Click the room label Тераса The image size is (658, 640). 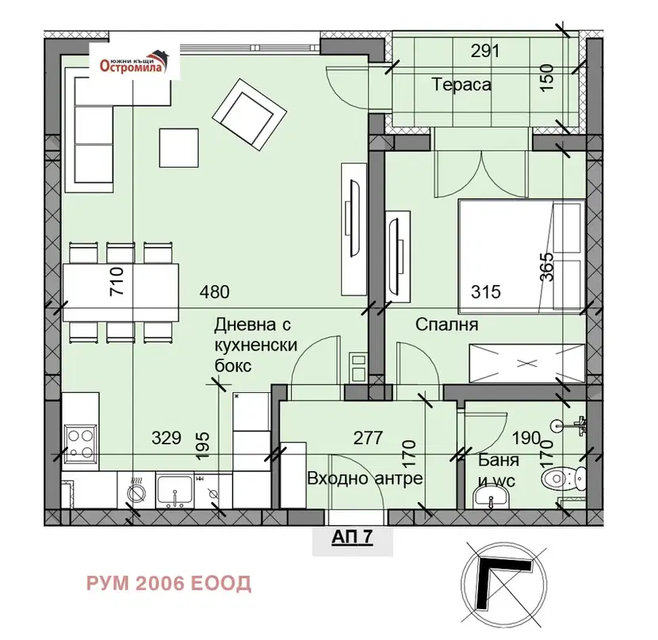(x=461, y=85)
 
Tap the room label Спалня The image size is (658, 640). (x=446, y=325)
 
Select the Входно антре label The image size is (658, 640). (x=365, y=478)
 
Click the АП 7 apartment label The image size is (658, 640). (x=352, y=537)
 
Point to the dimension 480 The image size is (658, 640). (x=214, y=292)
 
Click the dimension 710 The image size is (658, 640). (x=117, y=281)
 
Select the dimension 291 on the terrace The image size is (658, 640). (x=485, y=51)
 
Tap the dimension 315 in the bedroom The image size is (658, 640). (x=486, y=292)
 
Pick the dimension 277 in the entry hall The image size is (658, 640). (x=368, y=438)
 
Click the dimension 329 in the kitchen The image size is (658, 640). (x=166, y=438)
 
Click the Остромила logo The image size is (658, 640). (x=134, y=62)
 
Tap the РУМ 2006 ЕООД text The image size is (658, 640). (x=169, y=584)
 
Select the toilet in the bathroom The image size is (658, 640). (x=563, y=478)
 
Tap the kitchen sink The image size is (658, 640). (x=174, y=492)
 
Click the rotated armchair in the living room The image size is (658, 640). (x=249, y=113)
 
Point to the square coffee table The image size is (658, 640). (x=178, y=148)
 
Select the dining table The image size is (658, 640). (x=121, y=292)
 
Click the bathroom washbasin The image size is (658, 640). (x=491, y=500)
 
